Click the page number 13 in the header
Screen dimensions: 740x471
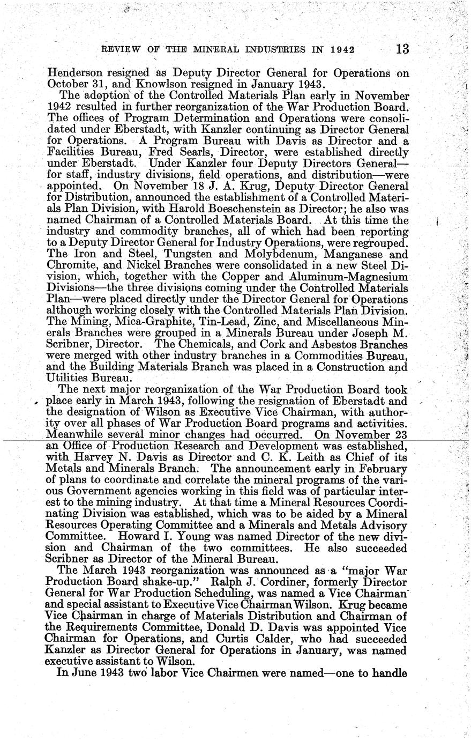(x=402, y=50)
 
